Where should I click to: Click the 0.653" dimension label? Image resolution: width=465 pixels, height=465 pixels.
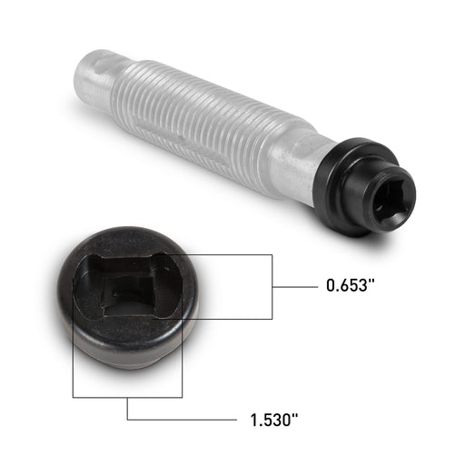point(351,285)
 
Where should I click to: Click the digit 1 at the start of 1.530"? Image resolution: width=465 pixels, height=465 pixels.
point(253,420)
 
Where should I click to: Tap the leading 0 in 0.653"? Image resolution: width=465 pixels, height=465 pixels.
point(331,285)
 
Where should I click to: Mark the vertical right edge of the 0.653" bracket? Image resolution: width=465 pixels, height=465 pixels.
point(272,286)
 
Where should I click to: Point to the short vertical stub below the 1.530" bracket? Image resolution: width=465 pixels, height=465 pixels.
point(127,409)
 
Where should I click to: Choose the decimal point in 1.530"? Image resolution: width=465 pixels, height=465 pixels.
point(261,425)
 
